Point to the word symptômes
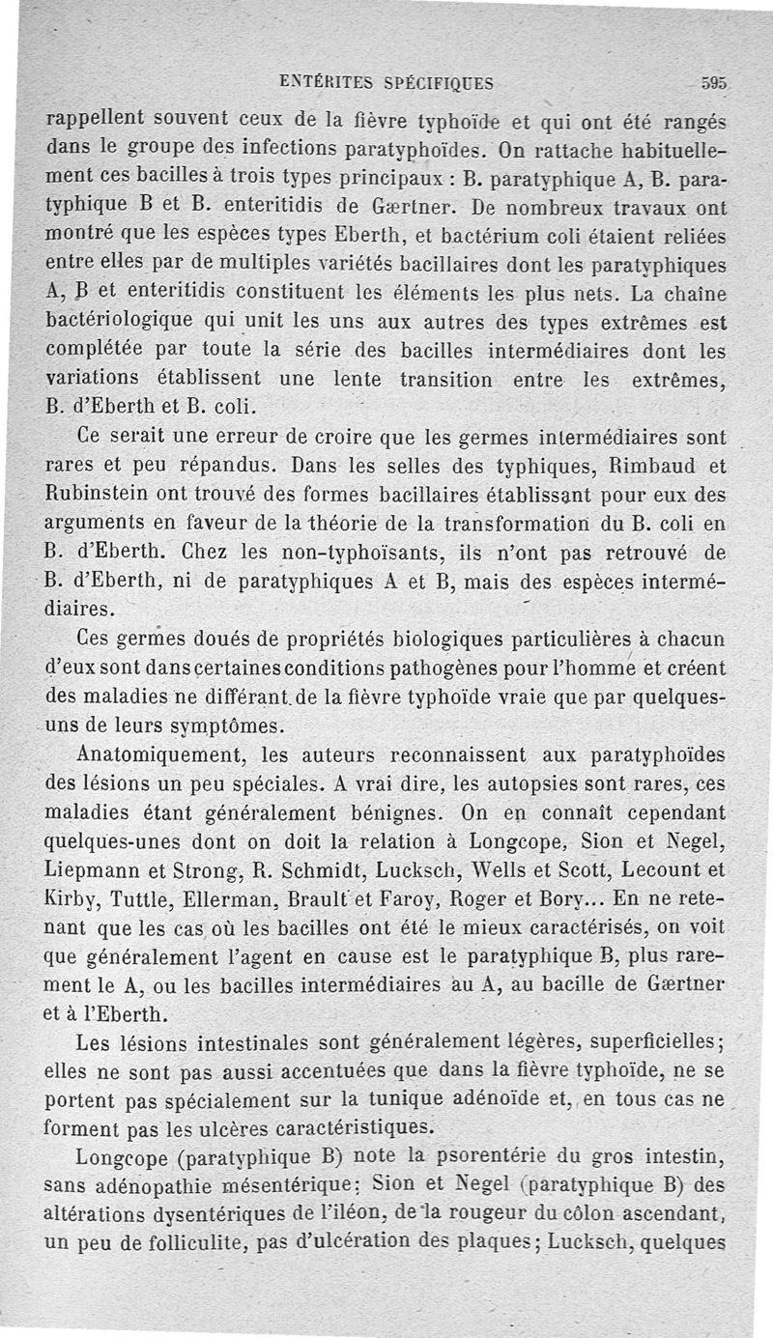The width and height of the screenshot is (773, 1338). point(233,725)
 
